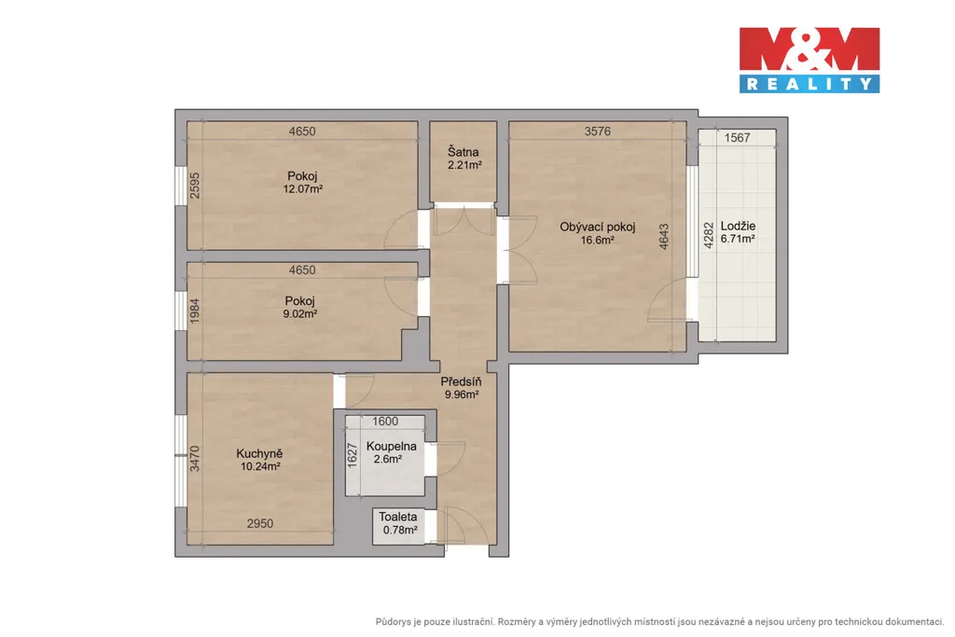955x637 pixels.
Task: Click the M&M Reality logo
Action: point(810,60)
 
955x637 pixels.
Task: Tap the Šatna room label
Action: point(463,152)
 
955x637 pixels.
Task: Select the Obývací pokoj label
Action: point(598,228)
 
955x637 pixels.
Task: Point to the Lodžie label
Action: point(738,226)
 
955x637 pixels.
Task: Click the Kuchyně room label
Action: point(259,453)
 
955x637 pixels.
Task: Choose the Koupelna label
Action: point(391,447)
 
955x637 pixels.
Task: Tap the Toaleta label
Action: point(397,517)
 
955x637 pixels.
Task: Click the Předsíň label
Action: point(461,381)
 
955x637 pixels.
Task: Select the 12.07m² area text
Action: point(303,189)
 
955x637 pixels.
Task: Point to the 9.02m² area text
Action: point(299,314)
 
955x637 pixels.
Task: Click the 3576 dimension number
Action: point(598,131)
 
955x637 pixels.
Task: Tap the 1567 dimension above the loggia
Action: point(737,138)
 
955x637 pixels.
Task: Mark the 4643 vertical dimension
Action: point(664,236)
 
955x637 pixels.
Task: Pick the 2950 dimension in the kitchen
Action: point(259,524)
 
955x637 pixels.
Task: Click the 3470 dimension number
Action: point(194,459)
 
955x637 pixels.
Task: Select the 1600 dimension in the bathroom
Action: point(385,422)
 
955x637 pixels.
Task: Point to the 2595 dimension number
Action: point(194,186)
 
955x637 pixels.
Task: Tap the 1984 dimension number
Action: point(194,311)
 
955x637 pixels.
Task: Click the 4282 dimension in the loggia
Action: point(709,235)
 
